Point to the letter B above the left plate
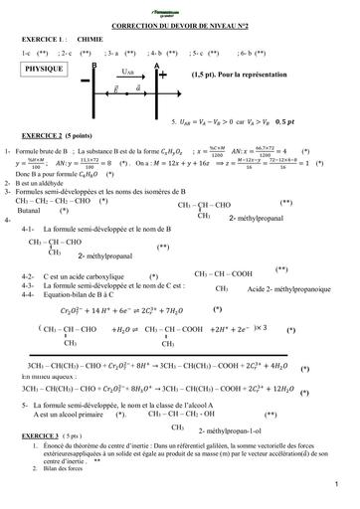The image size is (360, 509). coord(93,63)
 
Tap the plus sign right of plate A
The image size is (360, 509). coord(164,74)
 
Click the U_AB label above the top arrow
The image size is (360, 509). coord(125,73)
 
